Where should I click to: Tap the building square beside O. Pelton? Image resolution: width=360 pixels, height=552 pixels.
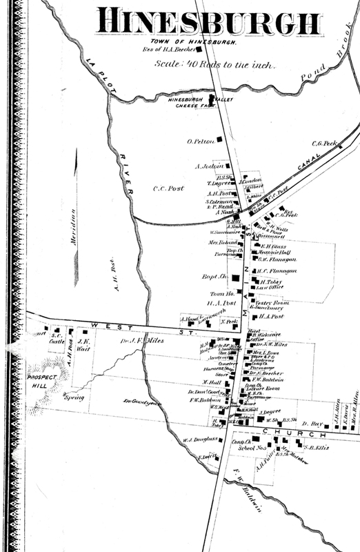[x=220, y=139]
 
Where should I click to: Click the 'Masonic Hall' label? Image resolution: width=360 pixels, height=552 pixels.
[x=274, y=253]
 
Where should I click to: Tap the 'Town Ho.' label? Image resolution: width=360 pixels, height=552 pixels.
[x=218, y=294]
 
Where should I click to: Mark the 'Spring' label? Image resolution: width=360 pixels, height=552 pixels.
[x=74, y=398]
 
